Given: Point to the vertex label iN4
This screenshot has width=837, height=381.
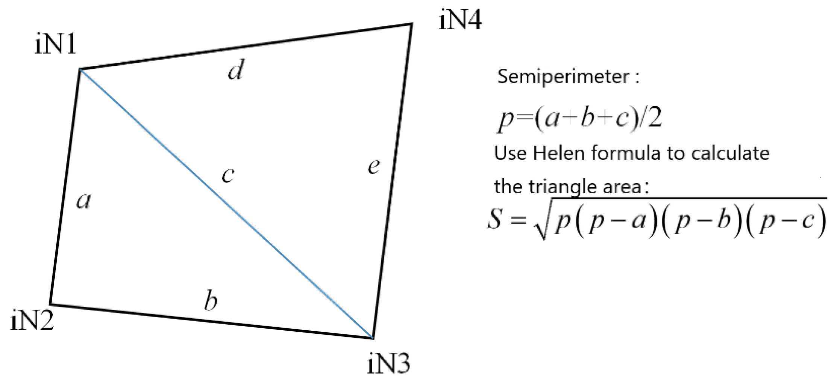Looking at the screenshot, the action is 460,20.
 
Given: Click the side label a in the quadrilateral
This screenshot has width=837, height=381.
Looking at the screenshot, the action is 83,201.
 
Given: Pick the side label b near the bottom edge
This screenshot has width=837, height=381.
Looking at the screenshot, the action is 211,301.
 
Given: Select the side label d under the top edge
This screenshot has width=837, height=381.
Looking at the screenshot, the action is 236,70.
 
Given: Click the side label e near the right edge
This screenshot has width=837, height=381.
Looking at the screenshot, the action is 374,166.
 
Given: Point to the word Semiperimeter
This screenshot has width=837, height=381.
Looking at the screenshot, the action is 563,77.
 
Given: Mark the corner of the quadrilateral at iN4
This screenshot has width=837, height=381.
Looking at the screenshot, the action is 412,24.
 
